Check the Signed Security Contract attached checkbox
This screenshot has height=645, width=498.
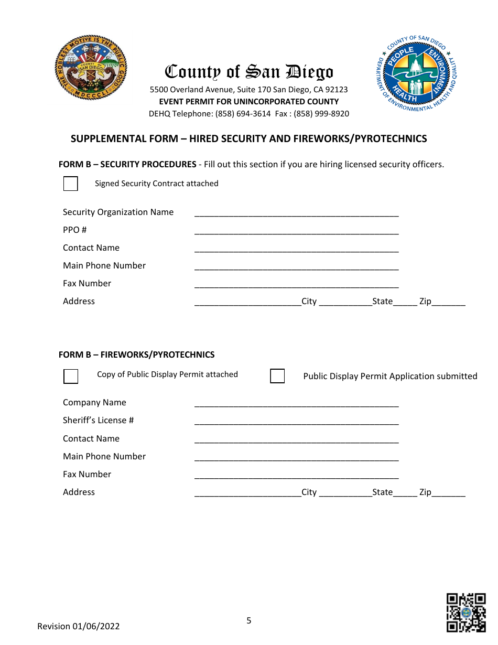[71, 184]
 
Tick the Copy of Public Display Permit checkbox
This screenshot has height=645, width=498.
[71, 377]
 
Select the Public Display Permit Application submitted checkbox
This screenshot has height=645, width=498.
[277, 377]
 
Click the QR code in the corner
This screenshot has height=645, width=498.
[465, 612]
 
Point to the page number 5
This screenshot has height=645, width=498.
[249, 621]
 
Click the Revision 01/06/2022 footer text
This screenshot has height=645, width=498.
[79, 626]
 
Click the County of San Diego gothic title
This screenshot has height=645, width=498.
[249, 72]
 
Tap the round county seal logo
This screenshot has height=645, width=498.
[91, 69]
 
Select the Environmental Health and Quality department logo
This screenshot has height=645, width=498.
[417, 73]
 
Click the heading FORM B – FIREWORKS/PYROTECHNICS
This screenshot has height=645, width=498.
[136, 354]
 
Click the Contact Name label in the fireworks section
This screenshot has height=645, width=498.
[91, 438]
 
